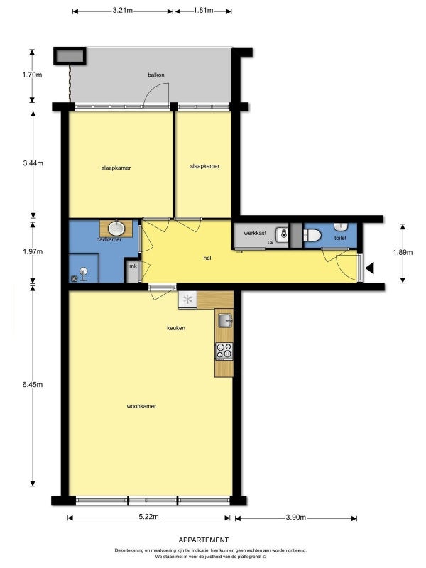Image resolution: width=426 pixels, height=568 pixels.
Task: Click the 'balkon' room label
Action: coord(156,75)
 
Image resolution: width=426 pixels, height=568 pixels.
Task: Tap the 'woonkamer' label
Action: coord(141,406)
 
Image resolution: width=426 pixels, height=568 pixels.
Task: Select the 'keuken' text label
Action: coord(176,328)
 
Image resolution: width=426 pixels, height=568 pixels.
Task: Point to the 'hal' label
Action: coord(207,258)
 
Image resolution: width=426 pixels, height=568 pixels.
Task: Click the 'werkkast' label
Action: coord(255,234)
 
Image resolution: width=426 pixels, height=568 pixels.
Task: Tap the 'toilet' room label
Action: coord(341,238)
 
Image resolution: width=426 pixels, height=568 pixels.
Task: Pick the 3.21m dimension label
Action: coord(122,10)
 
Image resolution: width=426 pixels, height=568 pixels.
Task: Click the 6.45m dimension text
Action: coord(33,385)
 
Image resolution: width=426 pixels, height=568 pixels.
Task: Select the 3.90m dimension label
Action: coord(296,518)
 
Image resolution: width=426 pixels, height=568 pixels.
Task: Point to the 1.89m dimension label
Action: coord(403,253)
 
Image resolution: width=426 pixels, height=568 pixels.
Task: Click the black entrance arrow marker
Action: coord(369,268)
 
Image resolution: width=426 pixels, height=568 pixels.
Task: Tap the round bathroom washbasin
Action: coord(116,228)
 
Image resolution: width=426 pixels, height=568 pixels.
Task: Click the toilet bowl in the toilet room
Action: coord(312,236)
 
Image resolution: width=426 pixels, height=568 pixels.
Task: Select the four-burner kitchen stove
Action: coord(224,351)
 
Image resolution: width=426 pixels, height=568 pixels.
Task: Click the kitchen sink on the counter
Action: coord(225,320)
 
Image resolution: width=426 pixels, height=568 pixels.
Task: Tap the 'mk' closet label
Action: coord(133,266)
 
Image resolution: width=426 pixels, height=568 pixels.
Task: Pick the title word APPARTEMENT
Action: coord(204,540)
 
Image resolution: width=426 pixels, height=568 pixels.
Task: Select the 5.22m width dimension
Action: coord(149,517)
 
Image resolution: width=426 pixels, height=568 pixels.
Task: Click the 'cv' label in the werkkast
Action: coord(271,242)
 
